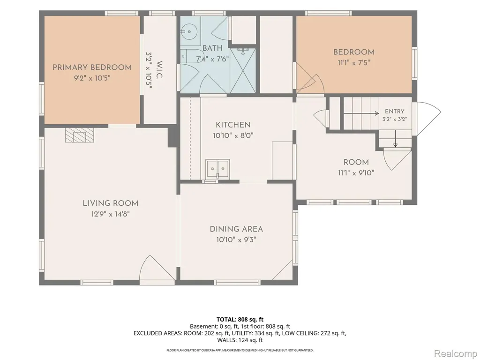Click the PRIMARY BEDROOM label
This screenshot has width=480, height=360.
pyautogui.click(x=92, y=67)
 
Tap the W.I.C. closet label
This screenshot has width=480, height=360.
pyautogui.click(x=159, y=70)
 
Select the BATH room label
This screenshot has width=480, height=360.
pyautogui.click(x=212, y=48)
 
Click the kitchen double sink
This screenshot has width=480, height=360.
pyautogui.click(x=217, y=168)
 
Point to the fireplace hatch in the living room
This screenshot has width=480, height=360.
pyautogui.click(x=79, y=135)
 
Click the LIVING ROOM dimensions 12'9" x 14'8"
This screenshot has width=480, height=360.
pyautogui.click(x=110, y=214)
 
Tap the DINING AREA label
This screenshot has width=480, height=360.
pyautogui.click(x=236, y=229)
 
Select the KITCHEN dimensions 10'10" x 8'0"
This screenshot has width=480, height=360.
pyautogui.click(x=233, y=135)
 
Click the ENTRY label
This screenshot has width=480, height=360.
pyautogui.click(x=395, y=111)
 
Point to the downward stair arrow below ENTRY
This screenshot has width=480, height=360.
pyautogui.click(x=395, y=139)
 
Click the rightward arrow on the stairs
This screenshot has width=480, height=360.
pyautogui.click(x=361, y=113)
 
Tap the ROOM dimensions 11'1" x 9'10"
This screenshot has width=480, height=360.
pyautogui.click(x=356, y=173)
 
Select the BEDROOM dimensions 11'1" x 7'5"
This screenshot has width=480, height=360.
pyautogui.click(x=354, y=63)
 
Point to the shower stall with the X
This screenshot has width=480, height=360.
pyautogui.click(x=242, y=70)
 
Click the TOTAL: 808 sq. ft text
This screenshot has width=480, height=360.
pyautogui.click(x=240, y=320)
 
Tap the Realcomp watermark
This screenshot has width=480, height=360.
pyautogui.click(x=455, y=353)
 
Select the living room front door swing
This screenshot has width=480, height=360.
pyautogui.click(x=157, y=268)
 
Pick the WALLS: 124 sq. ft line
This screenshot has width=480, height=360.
pyautogui.click(x=240, y=340)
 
